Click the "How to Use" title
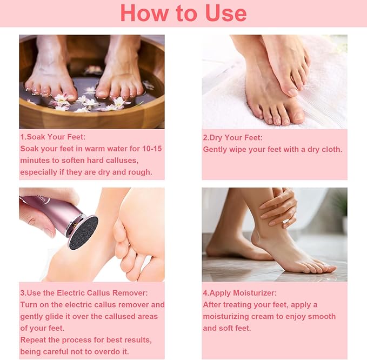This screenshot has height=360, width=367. tap(183, 13)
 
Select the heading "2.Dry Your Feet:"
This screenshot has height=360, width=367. tap(233, 137)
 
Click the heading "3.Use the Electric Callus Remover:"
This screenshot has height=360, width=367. tap(84, 292)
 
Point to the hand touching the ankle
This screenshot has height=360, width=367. tap(279, 209)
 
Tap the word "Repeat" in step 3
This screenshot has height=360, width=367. tap(33, 340)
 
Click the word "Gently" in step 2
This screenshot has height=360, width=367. tap(215, 149)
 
